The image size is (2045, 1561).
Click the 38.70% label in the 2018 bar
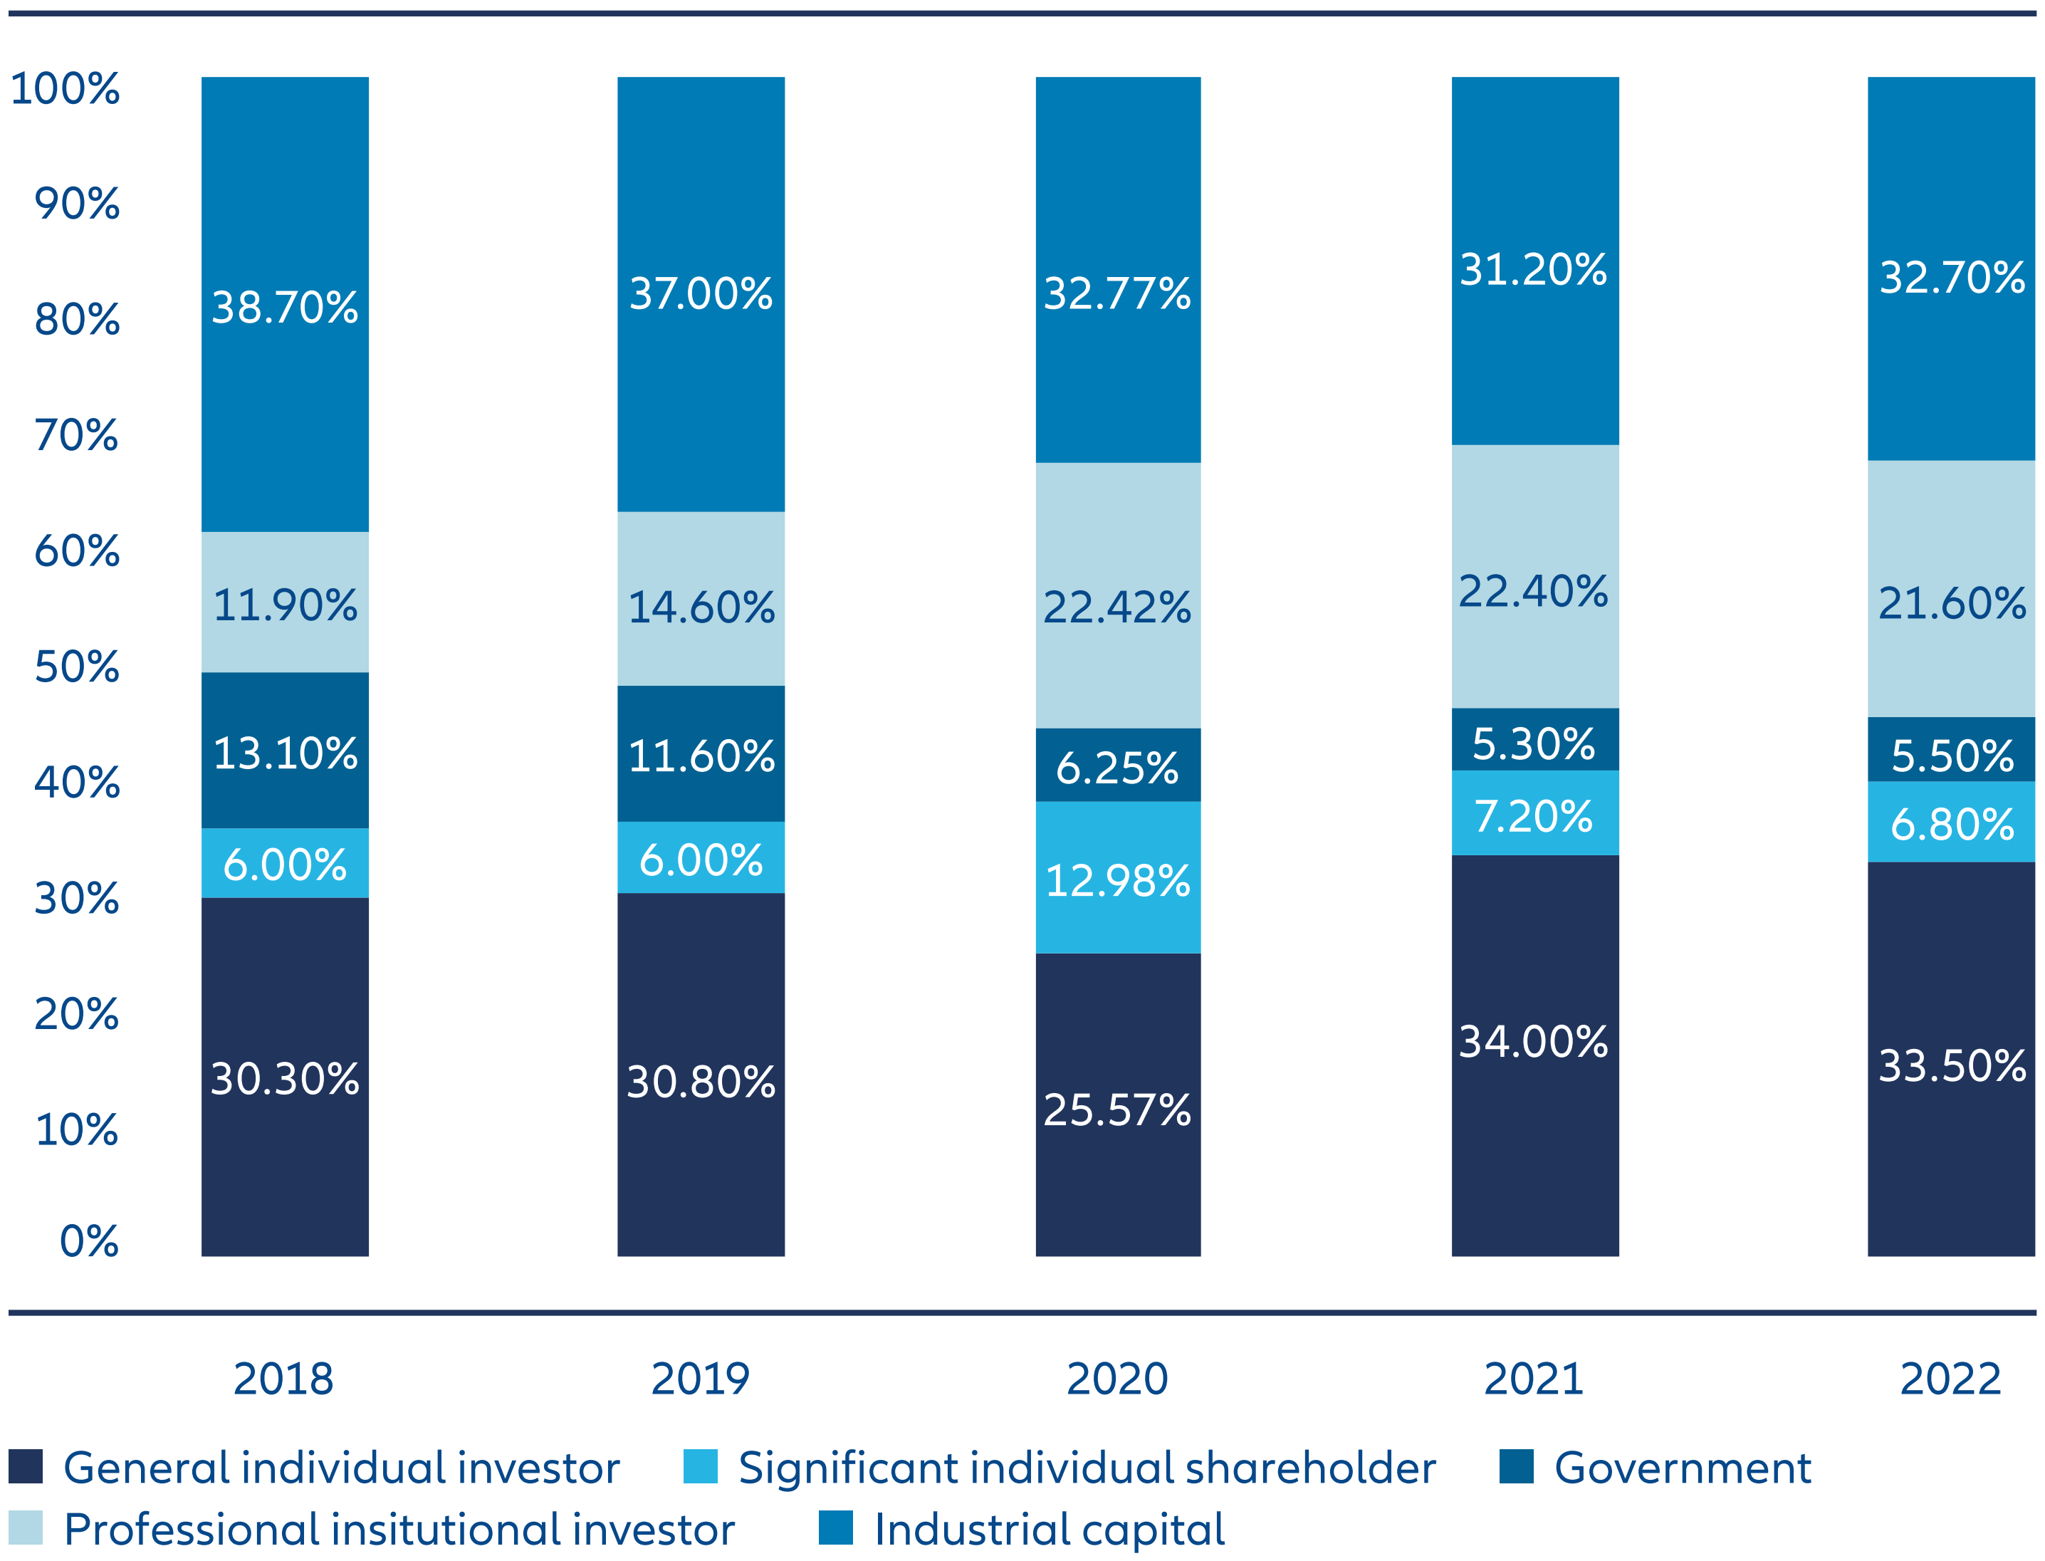point(284,308)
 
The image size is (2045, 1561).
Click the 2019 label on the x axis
point(700,1378)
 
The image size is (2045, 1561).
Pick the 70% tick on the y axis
point(76,435)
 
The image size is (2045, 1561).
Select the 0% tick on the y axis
point(88,1241)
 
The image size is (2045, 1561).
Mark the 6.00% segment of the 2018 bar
point(284,864)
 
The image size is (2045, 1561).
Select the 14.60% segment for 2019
point(701,607)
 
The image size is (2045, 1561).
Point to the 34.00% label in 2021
point(1533,1042)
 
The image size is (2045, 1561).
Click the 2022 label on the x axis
point(1950,1378)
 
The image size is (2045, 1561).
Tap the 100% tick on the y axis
point(64,88)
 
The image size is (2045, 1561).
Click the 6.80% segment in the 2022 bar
point(1951,823)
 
